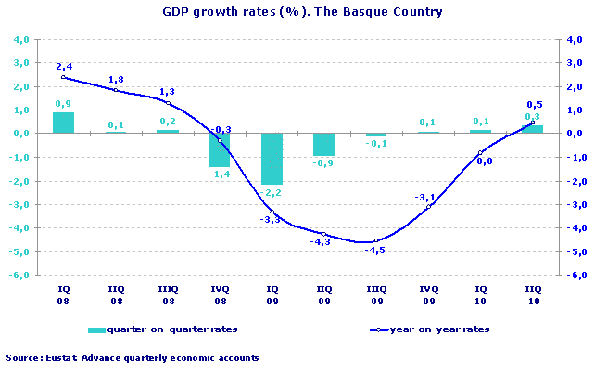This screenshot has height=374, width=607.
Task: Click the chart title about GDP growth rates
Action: pos(302,12)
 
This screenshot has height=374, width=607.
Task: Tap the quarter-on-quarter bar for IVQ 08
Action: pos(220,149)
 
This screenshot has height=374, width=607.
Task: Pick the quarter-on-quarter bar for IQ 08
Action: pos(63,123)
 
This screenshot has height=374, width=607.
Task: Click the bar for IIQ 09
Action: pos(323,144)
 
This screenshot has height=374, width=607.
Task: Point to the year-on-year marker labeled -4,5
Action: pos(375,240)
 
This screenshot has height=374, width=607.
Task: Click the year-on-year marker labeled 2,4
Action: pos(63,77)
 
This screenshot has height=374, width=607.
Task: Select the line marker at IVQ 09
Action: pos(427,206)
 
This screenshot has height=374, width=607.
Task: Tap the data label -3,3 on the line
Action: pos(271,219)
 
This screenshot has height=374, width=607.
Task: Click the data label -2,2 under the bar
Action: pos(272,192)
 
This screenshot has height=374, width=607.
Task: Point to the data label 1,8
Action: pos(115,80)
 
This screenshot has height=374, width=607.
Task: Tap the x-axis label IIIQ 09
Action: pos(375,294)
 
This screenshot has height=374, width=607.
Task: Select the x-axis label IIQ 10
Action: pos(531,294)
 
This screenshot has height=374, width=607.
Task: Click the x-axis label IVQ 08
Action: pos(220,294)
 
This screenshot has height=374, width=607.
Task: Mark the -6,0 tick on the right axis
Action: pos(575,276)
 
